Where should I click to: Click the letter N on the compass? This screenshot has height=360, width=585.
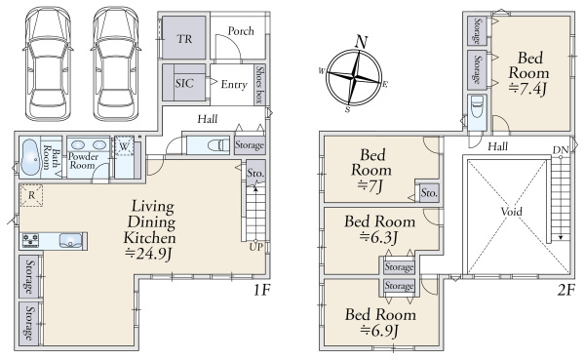[361, 42]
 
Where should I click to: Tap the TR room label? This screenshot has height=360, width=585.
[184, 39]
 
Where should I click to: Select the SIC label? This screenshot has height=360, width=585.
[184, 83]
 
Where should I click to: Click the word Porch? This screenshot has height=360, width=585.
[241, 30]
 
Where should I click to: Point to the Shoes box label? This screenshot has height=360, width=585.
[260, 85]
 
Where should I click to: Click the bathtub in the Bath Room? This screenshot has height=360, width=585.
[30, 157]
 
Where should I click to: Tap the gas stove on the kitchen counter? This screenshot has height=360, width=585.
[30, 241]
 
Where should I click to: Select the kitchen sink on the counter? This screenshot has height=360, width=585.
[71, 241]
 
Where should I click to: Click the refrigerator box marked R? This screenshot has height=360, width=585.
[31, 195]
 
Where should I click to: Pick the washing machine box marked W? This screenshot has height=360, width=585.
[124, 146]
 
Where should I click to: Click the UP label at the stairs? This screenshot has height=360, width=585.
[256, 247]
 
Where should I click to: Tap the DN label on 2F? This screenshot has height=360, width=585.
[561, 150]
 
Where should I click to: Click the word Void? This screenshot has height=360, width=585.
[512, 212]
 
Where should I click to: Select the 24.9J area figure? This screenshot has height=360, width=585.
[148, 254]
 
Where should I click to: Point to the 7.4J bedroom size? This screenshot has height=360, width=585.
[527, 89]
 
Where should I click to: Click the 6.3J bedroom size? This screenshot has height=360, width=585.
[379, 237]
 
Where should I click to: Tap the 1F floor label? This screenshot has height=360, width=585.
[262, 290]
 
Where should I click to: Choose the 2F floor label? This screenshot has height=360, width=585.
[565, 290]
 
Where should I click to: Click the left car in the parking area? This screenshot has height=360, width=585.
[48, 63]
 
